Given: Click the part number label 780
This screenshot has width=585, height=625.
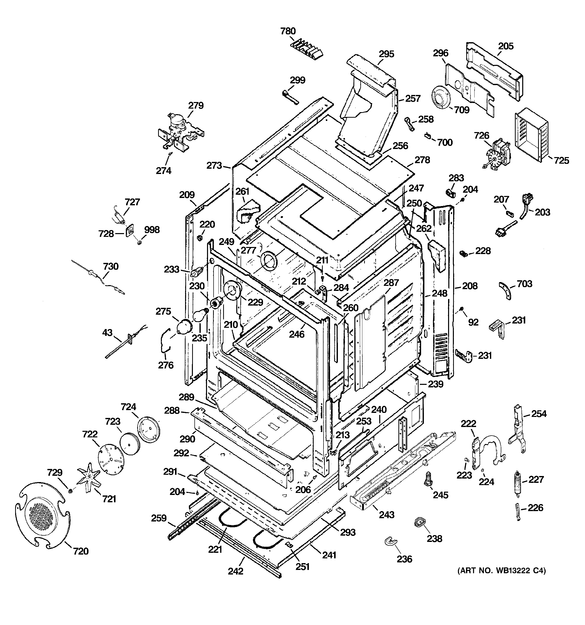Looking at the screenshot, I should click(288, 31).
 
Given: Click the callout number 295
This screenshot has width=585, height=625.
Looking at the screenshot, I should click(386, 54).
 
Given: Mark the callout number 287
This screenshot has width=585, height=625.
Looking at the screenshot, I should click(391, 283).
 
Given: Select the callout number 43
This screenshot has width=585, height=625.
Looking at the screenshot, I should click(107, 332).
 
